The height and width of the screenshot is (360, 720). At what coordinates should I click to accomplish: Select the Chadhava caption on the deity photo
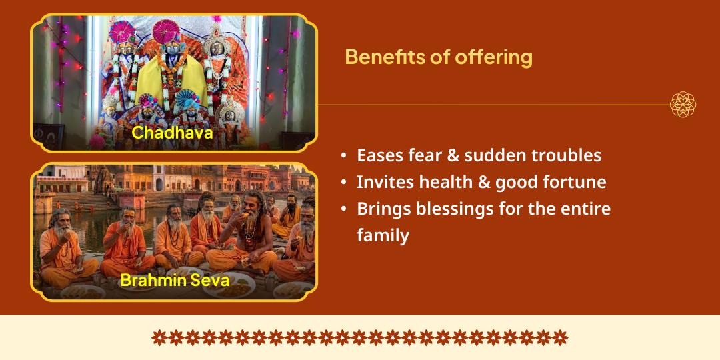[x=172, y=132]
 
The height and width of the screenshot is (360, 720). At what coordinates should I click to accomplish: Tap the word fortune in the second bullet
[x=573, y=182]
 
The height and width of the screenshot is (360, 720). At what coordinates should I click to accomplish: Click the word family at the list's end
[x=383, y=235]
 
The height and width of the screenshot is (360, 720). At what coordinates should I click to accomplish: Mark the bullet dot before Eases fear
[x=343, y=156]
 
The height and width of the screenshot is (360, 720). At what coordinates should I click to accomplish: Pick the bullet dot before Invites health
[x=343, y=183]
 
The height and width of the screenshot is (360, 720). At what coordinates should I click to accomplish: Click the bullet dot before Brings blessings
[x=343, y=209]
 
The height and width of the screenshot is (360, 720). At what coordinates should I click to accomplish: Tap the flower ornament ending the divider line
[x=683, y=105]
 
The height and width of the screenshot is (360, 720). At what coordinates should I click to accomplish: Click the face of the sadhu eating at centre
[x=253, y=201]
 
